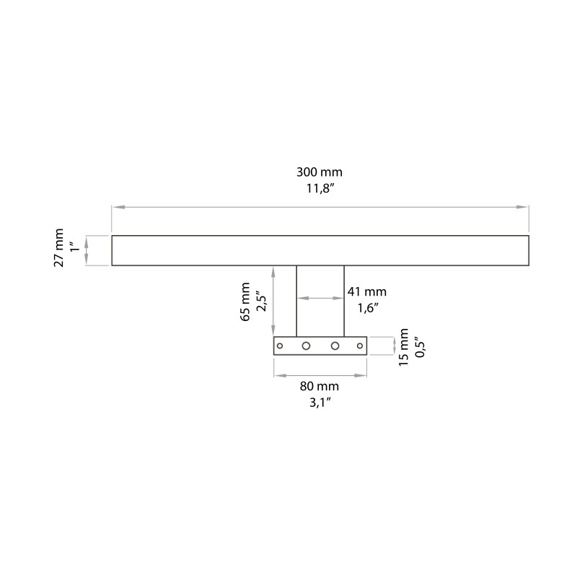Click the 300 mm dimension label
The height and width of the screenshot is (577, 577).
[320, 172]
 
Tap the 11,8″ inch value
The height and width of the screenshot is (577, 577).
[320, 190]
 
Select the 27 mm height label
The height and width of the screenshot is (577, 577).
[60, 248]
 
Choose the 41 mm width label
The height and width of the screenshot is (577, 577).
[367, 292]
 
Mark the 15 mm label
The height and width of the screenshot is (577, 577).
[405, 347]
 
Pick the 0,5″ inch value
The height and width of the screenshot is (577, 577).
[420, 345]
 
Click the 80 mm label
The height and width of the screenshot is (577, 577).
[320, 387]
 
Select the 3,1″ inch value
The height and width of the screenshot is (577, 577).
[320, 403]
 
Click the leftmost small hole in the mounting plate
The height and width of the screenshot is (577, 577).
[281, 346]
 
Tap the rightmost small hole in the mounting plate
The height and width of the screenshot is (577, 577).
[360, 346]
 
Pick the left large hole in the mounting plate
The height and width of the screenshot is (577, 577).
[306, 346]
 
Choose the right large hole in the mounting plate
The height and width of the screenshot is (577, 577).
[335, 346]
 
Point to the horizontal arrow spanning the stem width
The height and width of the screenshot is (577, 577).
[320, 296]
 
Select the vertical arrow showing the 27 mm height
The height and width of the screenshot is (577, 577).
[87, 251]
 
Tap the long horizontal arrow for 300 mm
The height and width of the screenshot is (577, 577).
[320, 208]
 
